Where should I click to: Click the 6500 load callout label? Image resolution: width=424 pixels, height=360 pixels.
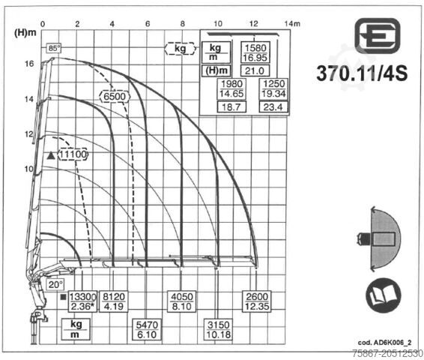115,96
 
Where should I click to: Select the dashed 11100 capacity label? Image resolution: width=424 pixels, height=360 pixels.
73,154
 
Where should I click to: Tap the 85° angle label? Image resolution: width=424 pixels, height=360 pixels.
53,48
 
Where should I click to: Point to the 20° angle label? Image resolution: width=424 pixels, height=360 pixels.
55,284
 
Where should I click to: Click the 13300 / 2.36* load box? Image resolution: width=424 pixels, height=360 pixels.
82,301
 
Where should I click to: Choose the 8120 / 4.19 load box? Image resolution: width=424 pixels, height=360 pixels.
114,301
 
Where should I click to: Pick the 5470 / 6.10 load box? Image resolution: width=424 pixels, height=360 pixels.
147,330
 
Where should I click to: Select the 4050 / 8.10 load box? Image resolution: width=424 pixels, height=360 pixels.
182,301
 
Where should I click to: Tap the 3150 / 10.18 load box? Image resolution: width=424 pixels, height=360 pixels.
219,330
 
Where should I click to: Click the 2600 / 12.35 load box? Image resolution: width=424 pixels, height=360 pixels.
257,301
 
